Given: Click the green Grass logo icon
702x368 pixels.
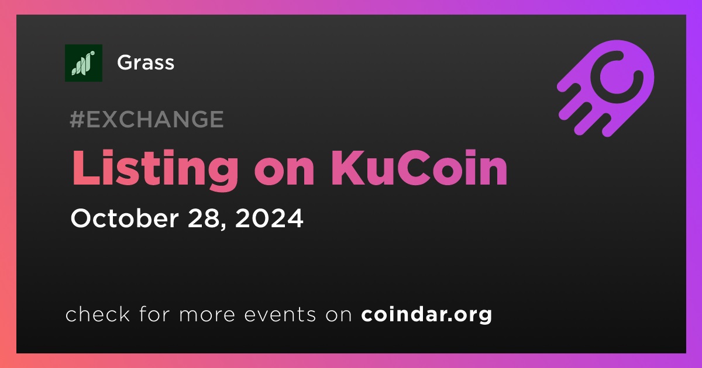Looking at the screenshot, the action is coord(84,63).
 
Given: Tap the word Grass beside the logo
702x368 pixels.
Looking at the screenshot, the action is coord(146,63).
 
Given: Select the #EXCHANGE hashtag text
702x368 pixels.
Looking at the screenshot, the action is coord(147,119).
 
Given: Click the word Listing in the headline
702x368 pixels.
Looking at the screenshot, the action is coord(155,169).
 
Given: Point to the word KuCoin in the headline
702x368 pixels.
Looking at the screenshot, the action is coord(419,168).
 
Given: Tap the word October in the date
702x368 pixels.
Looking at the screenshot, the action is coord(125,218).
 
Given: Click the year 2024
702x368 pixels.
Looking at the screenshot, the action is coord(269,218).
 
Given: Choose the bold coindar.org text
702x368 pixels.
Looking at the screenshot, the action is coord(426,314).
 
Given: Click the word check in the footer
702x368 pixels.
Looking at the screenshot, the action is coord(98,314).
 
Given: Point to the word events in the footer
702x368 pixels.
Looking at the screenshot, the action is coord(280,314).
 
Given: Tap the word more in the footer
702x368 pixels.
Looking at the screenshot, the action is coord(207,315).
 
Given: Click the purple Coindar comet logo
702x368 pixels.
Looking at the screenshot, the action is coord(605,89).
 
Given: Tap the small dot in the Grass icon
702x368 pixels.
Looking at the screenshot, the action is coord(92,53).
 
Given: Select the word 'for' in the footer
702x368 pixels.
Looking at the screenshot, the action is coord(154,314).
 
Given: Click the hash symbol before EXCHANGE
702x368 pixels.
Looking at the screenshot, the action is coord(77,119).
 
